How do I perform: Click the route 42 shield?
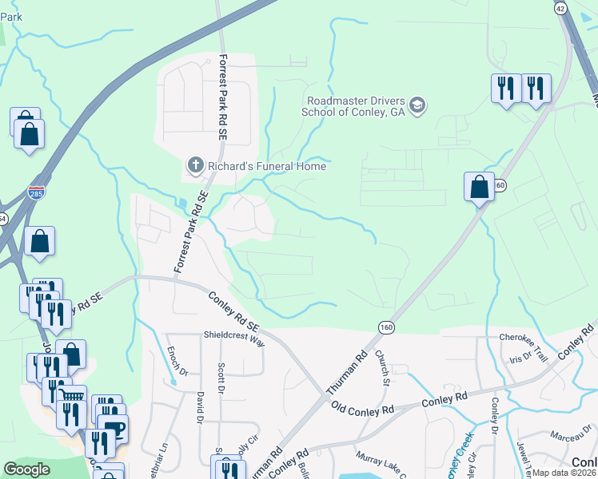point(560,7)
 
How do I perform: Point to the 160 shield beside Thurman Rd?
point(386,327)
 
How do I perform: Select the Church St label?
point(385,368)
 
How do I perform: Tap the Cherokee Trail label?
point(523,337)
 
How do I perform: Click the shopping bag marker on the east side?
point(479,187)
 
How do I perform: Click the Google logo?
point(26,470)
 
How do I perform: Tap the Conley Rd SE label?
point(234,311)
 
